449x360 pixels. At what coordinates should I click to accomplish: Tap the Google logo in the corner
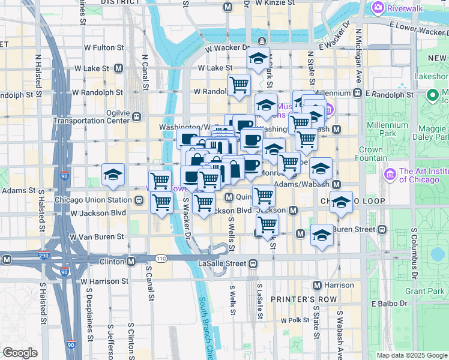pyautogui.click(x=20, y=353)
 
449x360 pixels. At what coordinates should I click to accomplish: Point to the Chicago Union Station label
pyautogui.click(x=92, y=200)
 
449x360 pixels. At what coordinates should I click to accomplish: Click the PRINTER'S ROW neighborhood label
pyautogui.click(x=298, y=299)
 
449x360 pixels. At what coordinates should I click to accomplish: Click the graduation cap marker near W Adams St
pyautogui.click(x=113, y=175)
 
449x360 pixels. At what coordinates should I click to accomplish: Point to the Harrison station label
pyautogui.click(x=338, y=285)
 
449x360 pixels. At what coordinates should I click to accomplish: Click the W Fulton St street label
pyautogui.click(x=103, y=47)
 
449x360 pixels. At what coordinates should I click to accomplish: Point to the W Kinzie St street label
pyautogui.click(x=274, y=3)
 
